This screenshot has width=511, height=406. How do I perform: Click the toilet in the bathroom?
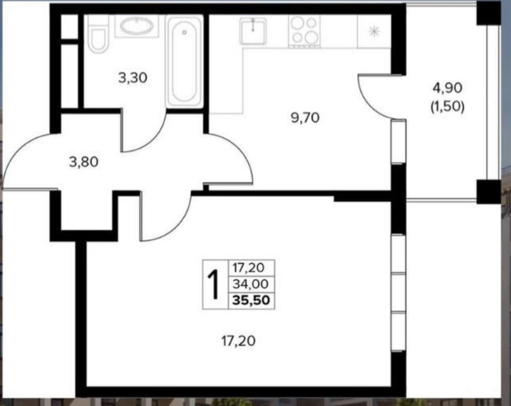pos(99,34)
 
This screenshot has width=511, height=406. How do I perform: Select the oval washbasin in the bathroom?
pos(137,26)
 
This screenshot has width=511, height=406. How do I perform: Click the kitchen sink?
pos(253,31)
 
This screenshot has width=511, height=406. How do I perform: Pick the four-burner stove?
pos(304,32)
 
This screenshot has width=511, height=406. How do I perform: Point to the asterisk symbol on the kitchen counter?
pos(374,32)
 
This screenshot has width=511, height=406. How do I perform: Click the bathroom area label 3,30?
pos(133,78)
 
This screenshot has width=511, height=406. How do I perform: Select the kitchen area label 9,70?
pos(305,118)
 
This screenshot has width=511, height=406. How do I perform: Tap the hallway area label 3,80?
pos(84,162)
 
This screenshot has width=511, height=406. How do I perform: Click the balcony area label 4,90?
pos(447,87)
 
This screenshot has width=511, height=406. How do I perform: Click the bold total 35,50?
pos(251,300)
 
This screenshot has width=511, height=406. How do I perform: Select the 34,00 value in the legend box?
pos(250,284)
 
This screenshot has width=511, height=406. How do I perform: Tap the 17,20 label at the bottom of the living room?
pos(238,341)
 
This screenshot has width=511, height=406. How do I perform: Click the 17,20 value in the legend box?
pos(248,268)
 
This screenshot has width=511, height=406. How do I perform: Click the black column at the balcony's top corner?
pos(488,13)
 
